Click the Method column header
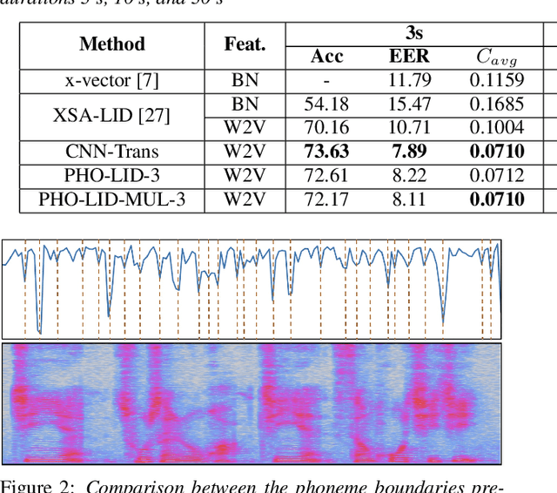point(112,44)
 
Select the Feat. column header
point(245,44)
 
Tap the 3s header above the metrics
point(413,34)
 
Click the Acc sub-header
point(327,57)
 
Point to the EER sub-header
point(408,57)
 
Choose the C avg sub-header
point(497,58)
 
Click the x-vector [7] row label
point(112,81)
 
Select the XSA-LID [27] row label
point(112,115)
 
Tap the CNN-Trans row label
point(112,152)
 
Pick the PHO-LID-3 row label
point(112,175)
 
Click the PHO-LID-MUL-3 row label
point(112,199)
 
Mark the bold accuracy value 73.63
point(327,152)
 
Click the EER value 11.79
point(409,81)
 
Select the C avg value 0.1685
point(497,105)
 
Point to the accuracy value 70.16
point(327,128)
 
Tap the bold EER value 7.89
point(409,152)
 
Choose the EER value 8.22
point(409,175)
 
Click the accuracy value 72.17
point(327,199)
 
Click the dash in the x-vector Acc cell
point(327,81)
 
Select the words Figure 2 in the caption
point(35,485)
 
